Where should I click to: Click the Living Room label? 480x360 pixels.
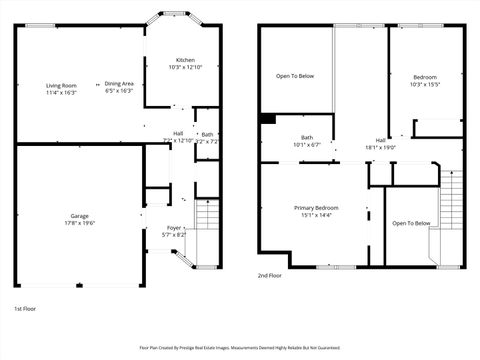tap(61, 85)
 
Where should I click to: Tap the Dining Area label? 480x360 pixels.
tap(119, 84)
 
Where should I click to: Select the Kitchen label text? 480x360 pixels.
tap(185, 60)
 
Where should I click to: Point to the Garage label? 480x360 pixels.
tap(78, 216)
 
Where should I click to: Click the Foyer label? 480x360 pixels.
tap(174, 228)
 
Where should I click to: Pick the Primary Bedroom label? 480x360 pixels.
tap(315, 208)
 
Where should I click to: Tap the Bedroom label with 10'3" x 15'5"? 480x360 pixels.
tap(425, 77)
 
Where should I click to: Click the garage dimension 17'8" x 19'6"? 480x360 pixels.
tap(78, 224)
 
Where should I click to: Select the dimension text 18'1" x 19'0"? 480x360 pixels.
tap(381, 147)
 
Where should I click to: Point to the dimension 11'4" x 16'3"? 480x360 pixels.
tap(61, 92)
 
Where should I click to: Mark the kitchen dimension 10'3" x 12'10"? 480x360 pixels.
tap(185, 67)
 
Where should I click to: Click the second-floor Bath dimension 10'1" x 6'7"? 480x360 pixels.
tap(307, 145)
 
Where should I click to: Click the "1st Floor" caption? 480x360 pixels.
tap(27, 309)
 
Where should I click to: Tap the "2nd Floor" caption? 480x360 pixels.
tap(270, 275)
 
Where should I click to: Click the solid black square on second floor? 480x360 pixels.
tap(267, 119)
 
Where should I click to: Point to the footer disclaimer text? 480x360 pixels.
tap(240, 348)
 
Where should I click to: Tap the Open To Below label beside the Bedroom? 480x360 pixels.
tap(295, 76)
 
